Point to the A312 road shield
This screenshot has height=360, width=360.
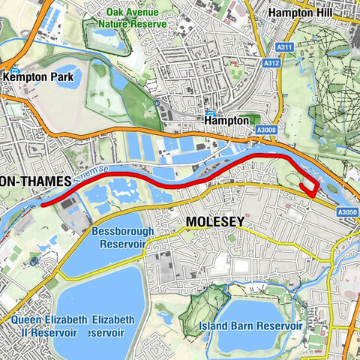coord(271,64)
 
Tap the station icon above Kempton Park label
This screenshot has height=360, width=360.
coord(14,66)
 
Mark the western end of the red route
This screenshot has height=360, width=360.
coord(43,202)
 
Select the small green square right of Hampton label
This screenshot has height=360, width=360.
coord(255,119)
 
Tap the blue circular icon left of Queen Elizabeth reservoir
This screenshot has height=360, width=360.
coord(34,260)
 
